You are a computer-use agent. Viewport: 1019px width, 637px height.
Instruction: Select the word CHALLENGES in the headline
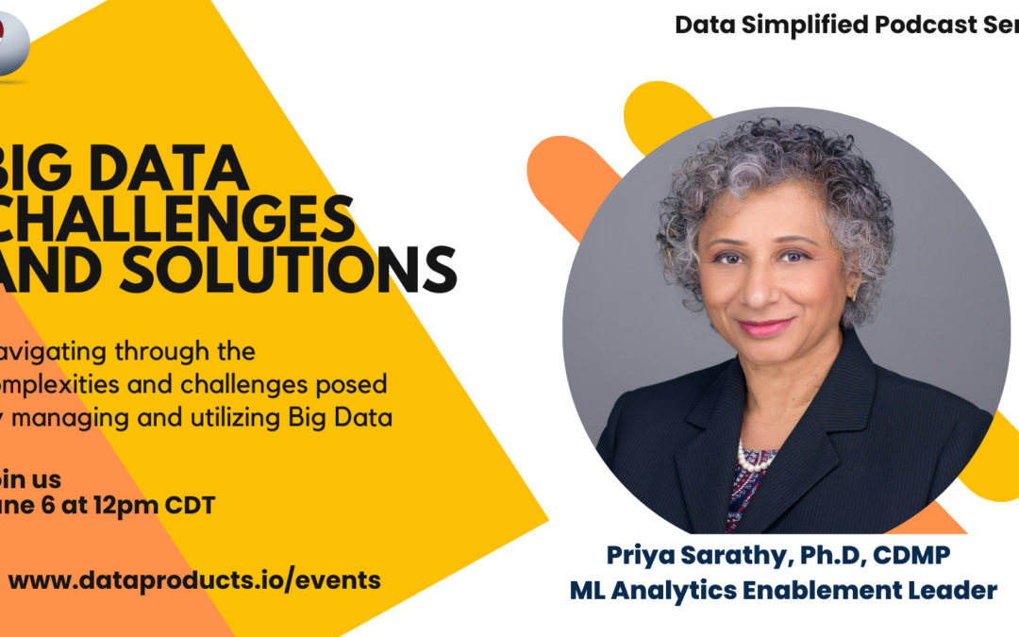pos(179,219)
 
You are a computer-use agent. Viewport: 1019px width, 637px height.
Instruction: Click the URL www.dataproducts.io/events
pos(194,579)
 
